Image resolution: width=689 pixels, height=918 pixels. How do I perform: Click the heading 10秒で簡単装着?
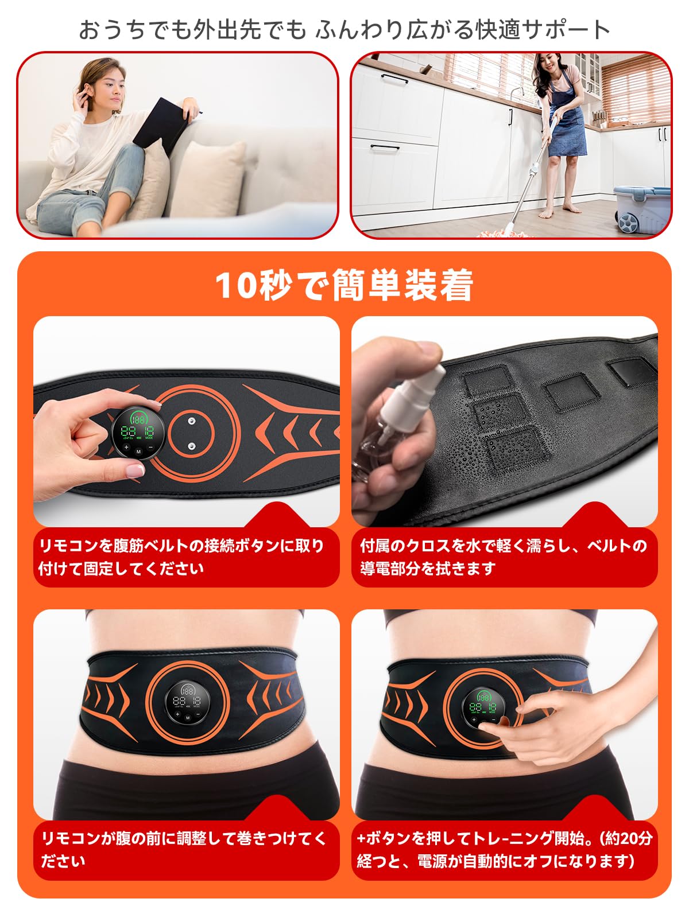tap(344, 285)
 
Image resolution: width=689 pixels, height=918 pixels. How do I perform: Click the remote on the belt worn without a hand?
tap(187, 703)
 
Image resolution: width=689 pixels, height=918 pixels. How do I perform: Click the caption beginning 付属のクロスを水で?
tap(504, 557)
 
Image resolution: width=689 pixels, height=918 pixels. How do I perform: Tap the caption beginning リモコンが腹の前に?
tap(184, 849)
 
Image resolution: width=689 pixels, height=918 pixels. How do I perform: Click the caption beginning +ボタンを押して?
tap(504, 849)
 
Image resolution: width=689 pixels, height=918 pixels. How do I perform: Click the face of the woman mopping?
tap(545, 69)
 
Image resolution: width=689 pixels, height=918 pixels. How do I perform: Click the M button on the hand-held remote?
tap(138, 451)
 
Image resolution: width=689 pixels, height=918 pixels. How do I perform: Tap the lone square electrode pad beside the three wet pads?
tap(568, 391)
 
